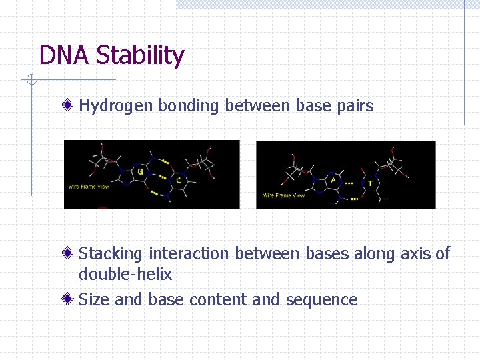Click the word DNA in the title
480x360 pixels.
(65, 55)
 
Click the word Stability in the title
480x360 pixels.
(140, 55)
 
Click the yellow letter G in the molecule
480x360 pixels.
(140, 171)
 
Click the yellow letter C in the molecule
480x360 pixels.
(179, 180)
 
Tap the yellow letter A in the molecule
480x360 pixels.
(333, 179)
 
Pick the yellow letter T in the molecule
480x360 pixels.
(371, 183)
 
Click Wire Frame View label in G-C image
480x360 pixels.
(89, 187)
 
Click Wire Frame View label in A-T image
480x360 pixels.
(283, 195)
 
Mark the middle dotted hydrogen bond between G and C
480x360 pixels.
(160, 177)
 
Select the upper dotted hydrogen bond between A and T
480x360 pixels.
(348, 181)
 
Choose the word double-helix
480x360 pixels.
(125, 274)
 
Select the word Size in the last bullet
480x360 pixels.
(94, 299)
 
